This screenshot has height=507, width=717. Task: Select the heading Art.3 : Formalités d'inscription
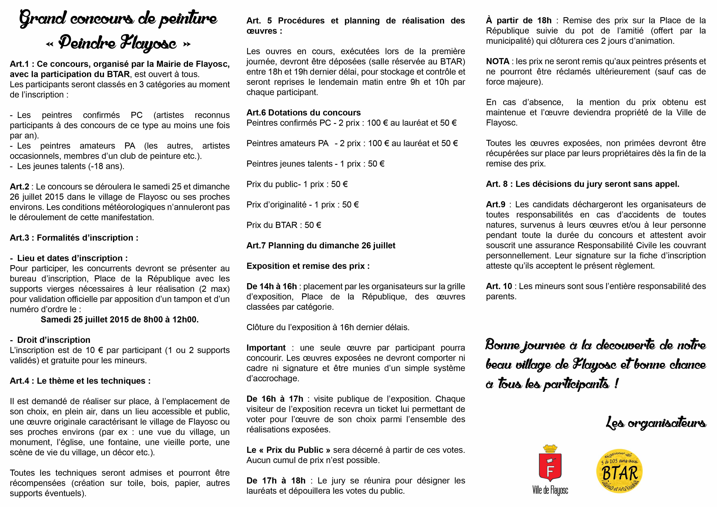74,238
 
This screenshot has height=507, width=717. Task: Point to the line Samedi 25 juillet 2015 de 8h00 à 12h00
120,320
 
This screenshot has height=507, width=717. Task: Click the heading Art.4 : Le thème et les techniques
80,381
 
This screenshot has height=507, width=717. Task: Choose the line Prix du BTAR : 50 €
283,225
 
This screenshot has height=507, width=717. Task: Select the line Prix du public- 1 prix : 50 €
297,184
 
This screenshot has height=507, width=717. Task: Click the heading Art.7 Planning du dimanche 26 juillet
321,246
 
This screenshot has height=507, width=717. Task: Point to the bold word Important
266,348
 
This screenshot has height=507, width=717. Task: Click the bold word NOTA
497,62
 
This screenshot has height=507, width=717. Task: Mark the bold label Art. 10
499,286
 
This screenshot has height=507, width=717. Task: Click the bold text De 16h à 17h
275,399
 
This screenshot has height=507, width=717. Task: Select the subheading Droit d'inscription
53,340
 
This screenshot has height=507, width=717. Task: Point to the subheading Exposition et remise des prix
308,266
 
